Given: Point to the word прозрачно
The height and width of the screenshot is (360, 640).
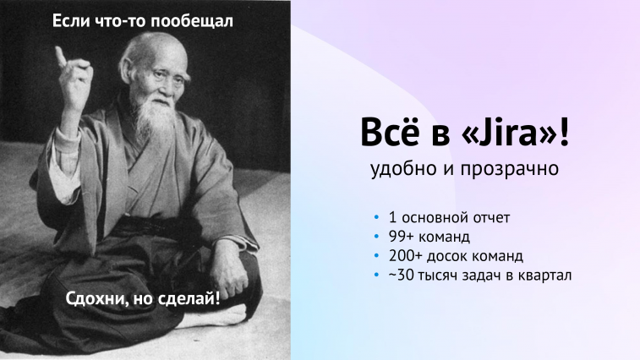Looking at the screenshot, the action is coord(510,169).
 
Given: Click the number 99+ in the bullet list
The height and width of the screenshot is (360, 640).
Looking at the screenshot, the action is coord(402,237).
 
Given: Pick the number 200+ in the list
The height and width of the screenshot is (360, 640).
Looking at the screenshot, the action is coord(405,256).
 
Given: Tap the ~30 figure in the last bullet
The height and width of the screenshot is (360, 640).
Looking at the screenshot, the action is coord(401,275).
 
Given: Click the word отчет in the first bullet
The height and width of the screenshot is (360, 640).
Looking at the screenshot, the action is coord(491,218).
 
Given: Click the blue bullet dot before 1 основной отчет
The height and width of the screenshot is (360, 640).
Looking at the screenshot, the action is coord(376,217).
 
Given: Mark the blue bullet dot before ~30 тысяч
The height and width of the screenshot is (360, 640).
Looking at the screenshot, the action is coord(376,275).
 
